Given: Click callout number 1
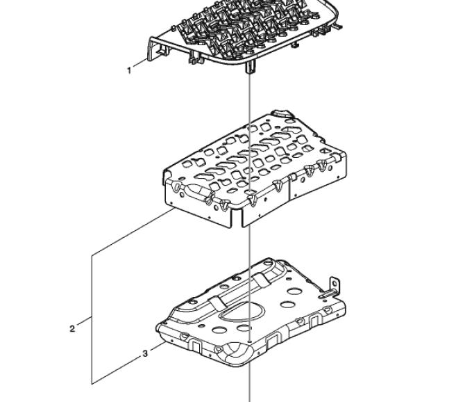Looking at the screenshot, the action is (129, 71).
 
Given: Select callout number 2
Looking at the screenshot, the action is (72, 329).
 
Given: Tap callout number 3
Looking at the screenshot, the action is (145, 354).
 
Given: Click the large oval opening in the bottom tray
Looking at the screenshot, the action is (242, 312).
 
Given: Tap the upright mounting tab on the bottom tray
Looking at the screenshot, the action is (334, 287).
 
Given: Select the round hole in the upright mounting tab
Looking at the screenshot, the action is (335, 282).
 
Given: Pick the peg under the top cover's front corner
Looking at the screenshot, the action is (250, 67).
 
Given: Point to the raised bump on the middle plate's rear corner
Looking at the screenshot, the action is (282, 114).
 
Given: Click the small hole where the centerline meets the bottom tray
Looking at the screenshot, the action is (250, 341).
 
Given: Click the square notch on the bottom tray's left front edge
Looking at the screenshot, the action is (195, 345).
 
